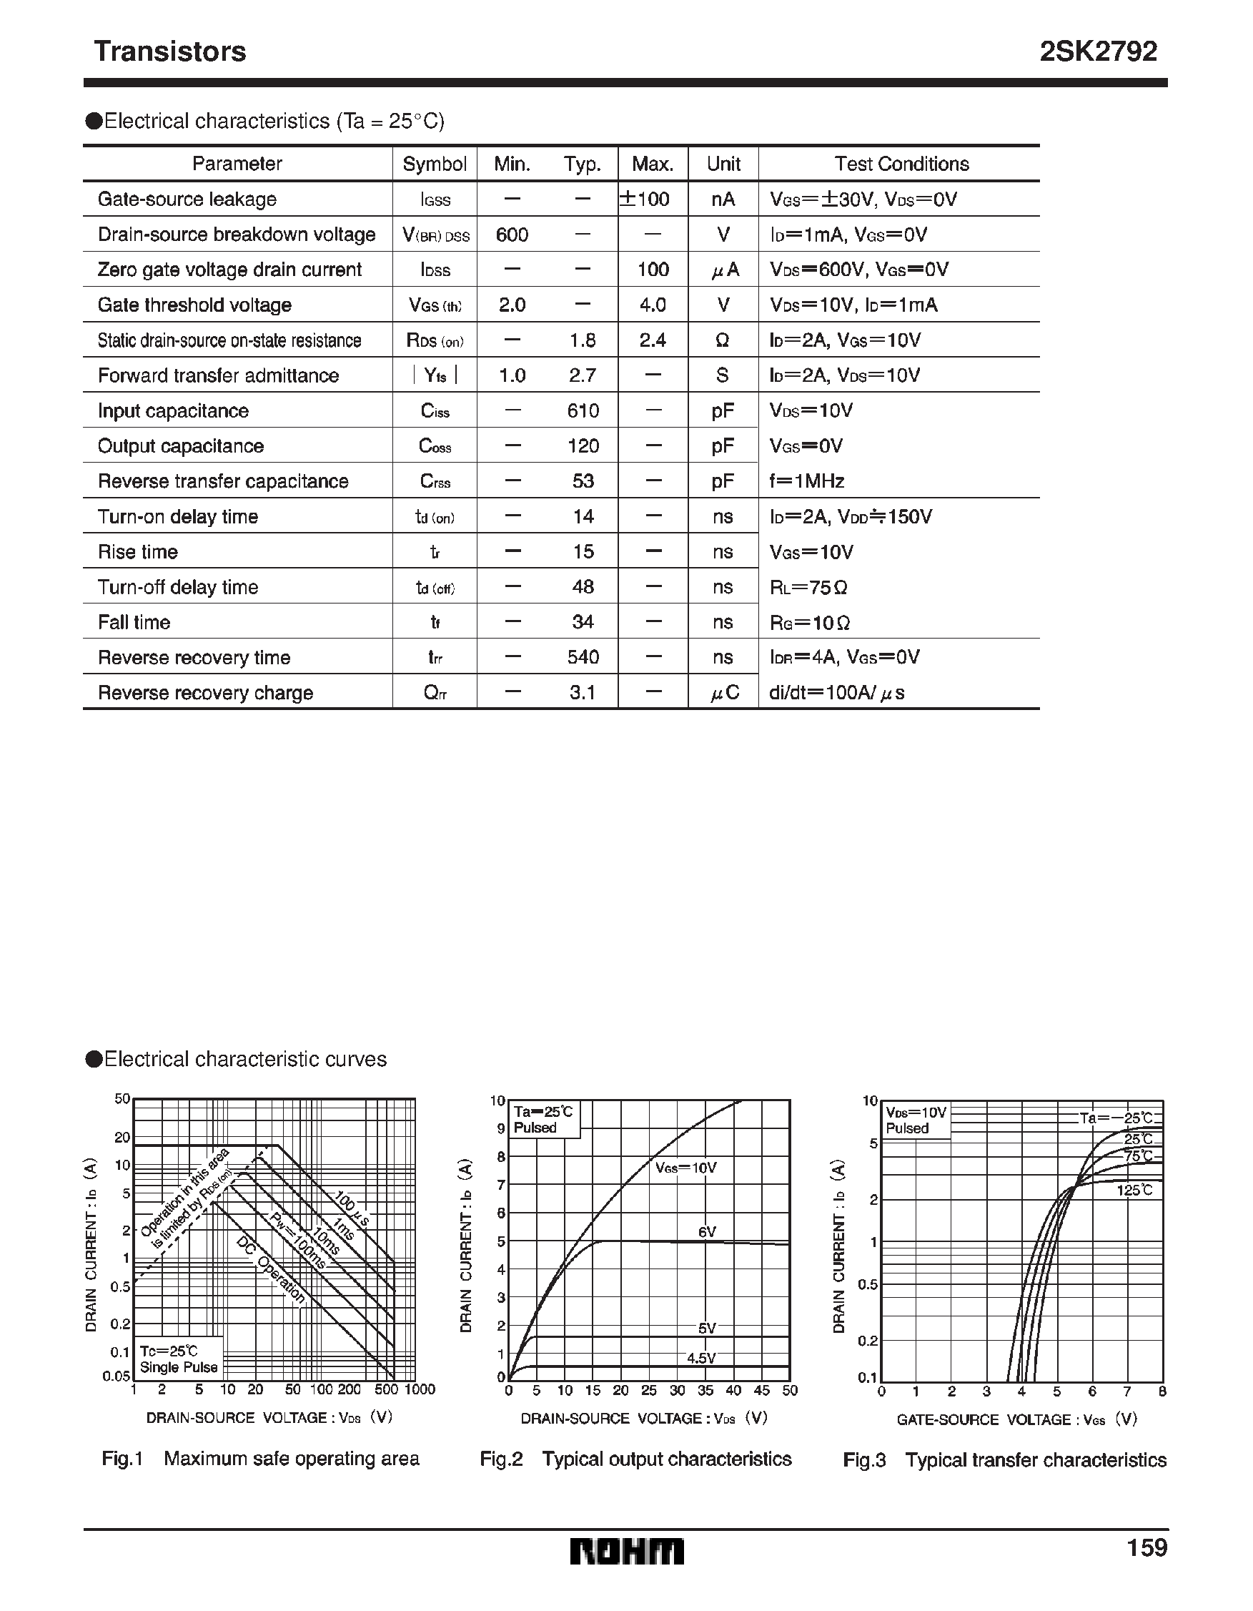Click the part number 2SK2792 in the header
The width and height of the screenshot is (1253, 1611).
[x=1097, y=51]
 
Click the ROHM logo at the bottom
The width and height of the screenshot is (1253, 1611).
[x=626, y=1551]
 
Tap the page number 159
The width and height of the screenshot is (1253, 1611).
[x=1146, y=1547]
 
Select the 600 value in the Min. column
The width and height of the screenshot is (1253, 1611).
[x=512, y=235]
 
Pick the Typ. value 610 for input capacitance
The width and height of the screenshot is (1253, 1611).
[x=583, y=411]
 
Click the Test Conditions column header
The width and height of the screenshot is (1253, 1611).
[x=901, y=164]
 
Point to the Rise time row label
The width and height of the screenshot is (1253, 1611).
[x=138, y=552]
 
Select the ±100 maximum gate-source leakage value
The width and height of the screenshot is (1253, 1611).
[x=645, y=199]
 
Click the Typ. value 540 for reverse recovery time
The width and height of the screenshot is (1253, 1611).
[x=583, y=657]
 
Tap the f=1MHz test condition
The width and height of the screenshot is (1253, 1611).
[x=806, y=481]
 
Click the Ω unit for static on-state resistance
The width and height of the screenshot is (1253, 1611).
[x=722, y=340]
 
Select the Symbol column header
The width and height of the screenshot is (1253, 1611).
[x=435, y=164]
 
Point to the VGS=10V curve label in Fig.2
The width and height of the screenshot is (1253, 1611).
[x=686, y=1168]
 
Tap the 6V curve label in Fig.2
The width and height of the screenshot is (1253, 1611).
[x=706, y=1232]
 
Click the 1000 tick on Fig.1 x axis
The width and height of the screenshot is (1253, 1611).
[x=420, y=1390]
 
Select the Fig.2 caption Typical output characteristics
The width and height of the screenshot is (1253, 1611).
[x=635, y=1459]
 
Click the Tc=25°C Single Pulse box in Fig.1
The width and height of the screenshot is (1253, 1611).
[x=179, y=1359]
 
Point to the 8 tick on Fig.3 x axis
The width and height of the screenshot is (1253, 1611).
[x=1162, y=1391]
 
